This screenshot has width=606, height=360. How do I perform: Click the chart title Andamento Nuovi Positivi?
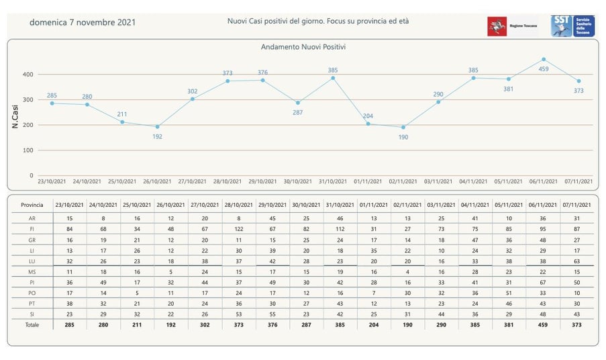tap(303, 47)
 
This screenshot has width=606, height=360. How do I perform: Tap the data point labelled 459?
tap(544, 59)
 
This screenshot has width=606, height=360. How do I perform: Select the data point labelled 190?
tap(403, 127)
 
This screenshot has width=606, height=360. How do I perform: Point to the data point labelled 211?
tap(122, 122)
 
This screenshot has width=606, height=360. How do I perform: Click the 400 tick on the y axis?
tap(28, 74)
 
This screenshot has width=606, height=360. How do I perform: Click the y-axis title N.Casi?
tap(15, 115)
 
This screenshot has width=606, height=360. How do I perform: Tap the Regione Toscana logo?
tap(507, 26)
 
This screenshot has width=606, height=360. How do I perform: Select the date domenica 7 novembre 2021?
tap(83, 22)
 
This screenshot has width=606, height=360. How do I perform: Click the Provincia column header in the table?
tap(32, 205)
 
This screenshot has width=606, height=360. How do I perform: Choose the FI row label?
tap(32, 230)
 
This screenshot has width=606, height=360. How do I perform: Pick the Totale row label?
tap(32, 325)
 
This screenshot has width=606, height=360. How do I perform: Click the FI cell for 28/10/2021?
tap(239, 230)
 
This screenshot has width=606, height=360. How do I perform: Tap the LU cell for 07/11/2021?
tap(578, 261)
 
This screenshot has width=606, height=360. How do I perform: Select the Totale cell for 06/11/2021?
tap(544, 325)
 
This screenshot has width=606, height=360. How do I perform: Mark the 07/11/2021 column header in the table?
tap(578, 205)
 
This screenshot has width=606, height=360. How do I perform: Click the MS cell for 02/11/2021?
tap(407, 271)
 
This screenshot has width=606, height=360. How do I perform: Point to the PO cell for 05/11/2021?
tap(509, 293)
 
